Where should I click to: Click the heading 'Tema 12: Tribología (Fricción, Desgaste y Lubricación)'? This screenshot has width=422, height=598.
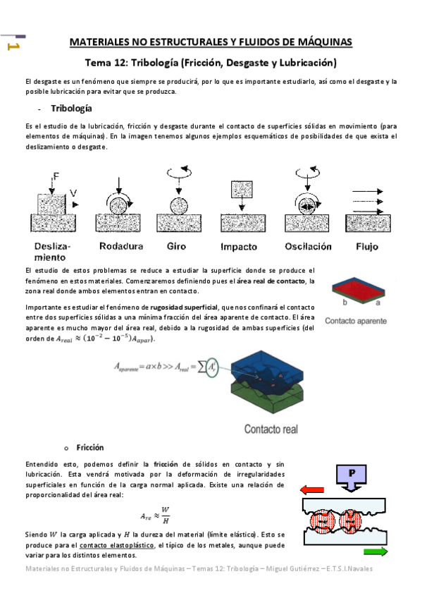point(211,62)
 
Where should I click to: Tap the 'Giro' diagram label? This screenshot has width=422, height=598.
point(176,247)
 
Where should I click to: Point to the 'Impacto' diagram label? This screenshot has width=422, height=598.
point(238,247)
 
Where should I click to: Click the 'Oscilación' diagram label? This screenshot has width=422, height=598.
point(308,247)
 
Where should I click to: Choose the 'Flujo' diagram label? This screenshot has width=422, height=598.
point(367,247)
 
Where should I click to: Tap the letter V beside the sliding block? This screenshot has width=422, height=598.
point(73,191)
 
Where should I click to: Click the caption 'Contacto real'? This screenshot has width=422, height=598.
point(273,428)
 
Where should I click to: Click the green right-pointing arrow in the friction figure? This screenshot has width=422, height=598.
point(375,552)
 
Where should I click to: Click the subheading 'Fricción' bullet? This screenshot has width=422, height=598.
point(89,448)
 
